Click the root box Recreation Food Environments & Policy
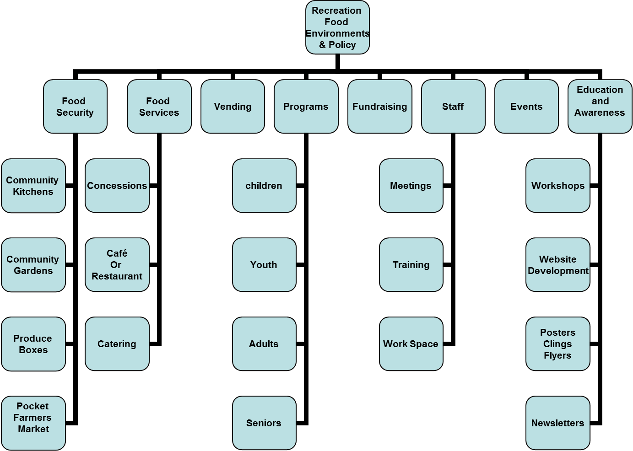tap(337, 27)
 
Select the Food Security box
tap(75, 107)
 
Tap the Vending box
tap(233, 107)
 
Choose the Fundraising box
tap(379, 107)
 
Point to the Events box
tap(526, 107)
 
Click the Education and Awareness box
tap(600, 107)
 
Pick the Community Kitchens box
tap(33, 186)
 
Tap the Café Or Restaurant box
tap(117, 265)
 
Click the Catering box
tap(117, 344)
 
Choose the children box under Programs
tap(264, 186)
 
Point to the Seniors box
tap(264, 423)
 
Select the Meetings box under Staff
tap(411, 186)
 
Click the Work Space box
tap(411, 344)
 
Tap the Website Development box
tap(557, 265)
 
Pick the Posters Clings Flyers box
tap(557, 344)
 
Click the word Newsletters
tap(557, 423)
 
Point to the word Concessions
tap(117, 186)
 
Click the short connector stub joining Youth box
tap(300, 265)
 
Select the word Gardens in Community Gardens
tap(33, 271)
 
